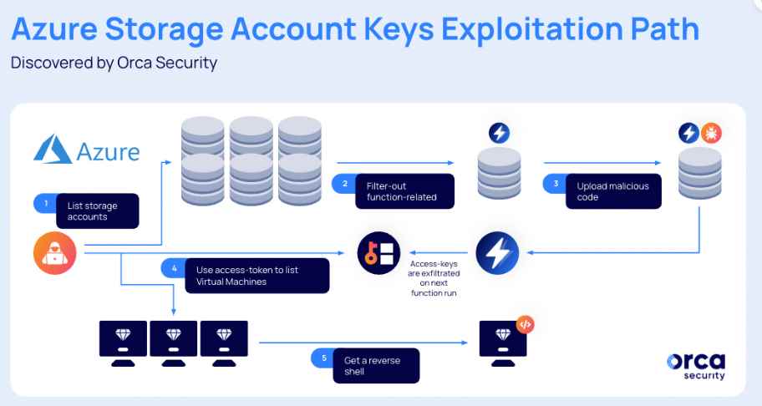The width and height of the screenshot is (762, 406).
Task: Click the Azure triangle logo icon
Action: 53,150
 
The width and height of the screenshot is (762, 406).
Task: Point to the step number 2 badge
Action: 342,182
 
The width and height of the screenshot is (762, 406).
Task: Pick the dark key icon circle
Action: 378,253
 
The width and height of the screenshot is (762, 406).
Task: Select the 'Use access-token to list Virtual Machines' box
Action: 247,275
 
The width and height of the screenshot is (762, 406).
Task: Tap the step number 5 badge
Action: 323,358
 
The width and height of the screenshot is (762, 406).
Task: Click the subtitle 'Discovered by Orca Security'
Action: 114,63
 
